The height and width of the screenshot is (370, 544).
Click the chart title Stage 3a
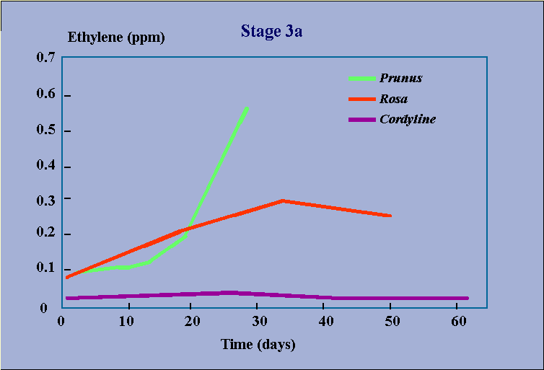click(271, 32)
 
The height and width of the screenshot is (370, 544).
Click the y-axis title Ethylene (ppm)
click(116, 38)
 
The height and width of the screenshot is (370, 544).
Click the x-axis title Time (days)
click(258, 344)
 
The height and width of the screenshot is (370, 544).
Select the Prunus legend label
click(400, 79)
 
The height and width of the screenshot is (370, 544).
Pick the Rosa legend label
click(393, 99)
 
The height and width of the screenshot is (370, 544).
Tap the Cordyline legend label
click(408, 119)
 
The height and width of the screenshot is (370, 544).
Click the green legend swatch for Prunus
click(362, 79)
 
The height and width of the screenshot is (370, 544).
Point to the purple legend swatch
click(362, 120)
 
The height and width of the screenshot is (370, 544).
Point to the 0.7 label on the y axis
click(45, 57)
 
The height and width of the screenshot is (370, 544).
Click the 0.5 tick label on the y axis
click(45, 130)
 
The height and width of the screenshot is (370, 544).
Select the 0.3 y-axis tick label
click(45, 201)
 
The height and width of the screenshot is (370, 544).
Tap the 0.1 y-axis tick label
click(45, 268)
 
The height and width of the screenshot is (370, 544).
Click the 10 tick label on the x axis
click(126, 322)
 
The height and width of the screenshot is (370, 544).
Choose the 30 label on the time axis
click(260, 322)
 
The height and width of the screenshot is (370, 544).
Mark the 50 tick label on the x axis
click(392, 322)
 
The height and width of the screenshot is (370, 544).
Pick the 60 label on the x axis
click(458, 322)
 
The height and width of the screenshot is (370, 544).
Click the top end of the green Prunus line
click(247, 109)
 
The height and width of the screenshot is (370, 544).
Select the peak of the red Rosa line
click(283, 201)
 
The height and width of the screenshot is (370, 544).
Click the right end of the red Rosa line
click(390, 216)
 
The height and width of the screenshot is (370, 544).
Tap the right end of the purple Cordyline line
click(468, 298)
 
